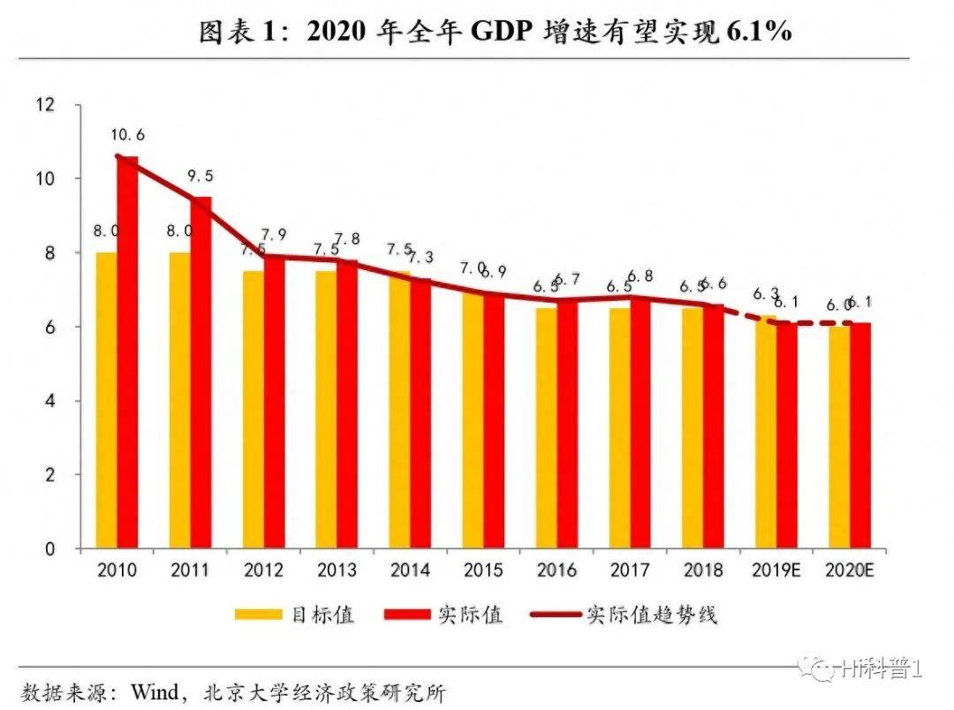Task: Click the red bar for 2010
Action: coord(128,353)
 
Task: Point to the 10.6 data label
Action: coord(128,135)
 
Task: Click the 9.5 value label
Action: coord(201,176)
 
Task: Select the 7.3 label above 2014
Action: coord(421,257)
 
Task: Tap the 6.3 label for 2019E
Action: coord(765,293)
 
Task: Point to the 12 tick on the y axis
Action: coord(46,105)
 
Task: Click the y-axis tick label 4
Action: coord(49,401)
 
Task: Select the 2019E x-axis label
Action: coord(776,570)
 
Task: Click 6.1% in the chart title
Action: coord(758,33)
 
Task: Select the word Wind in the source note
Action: coord(155,690)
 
